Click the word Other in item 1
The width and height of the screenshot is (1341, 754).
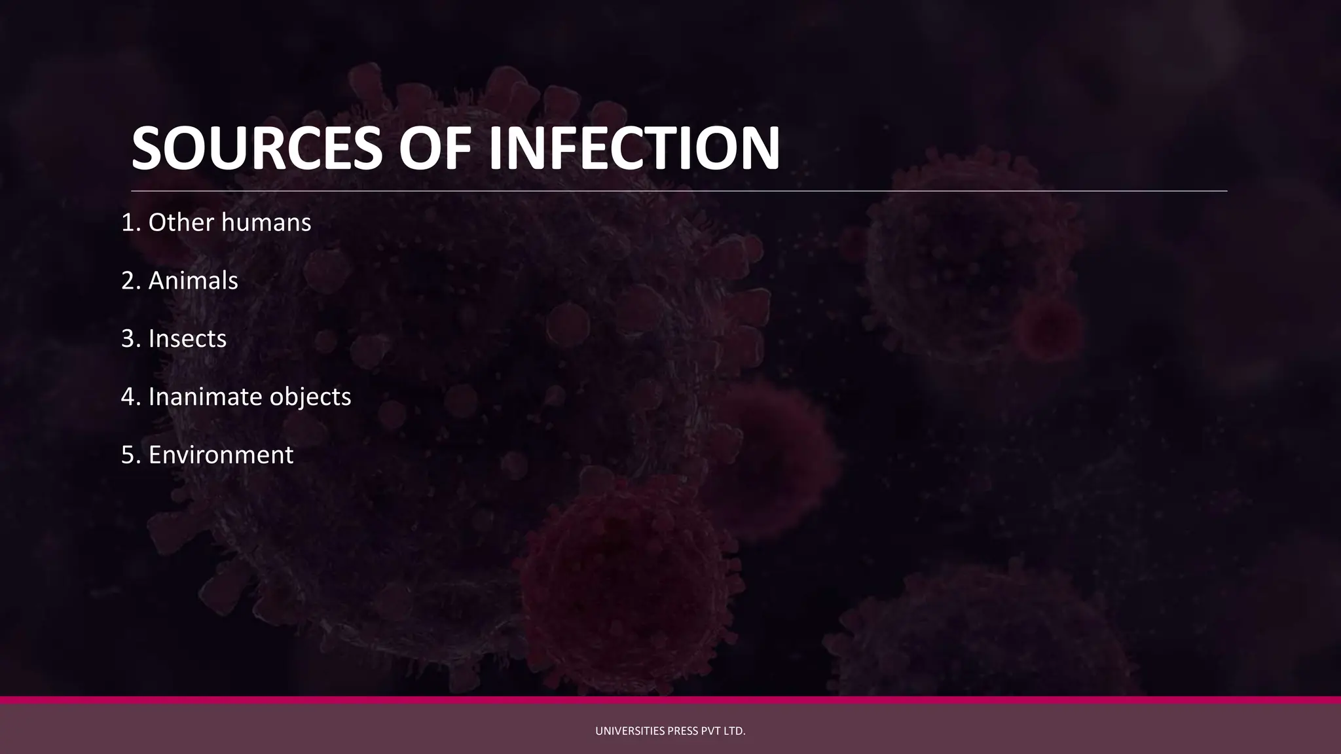click(181, 223)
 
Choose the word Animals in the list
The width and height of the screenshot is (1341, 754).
click(193, 281)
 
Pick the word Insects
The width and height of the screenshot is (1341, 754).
click(187, 339)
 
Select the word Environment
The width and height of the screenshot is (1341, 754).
click(221, 455)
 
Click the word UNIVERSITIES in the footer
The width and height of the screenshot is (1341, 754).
click(630, 731)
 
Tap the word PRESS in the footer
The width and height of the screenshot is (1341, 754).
click(683, 731)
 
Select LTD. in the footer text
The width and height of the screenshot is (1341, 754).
click(733, 731)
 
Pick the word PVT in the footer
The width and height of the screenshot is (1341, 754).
click(710, 731)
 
